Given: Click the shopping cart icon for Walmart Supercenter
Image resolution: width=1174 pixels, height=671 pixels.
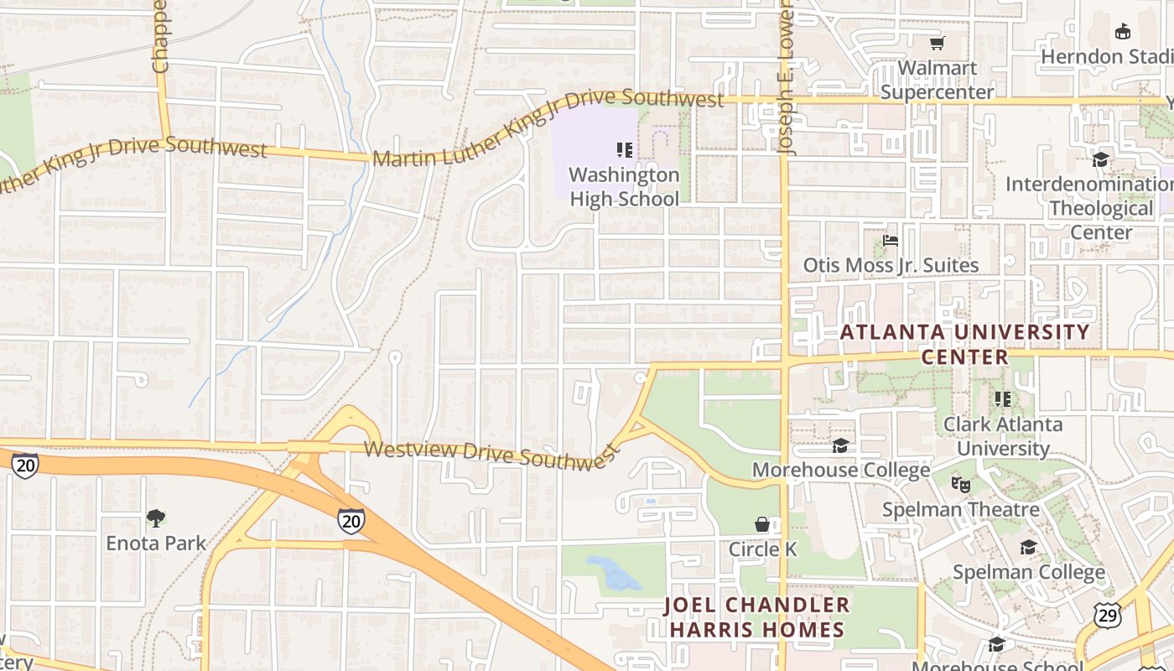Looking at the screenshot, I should point(937,43).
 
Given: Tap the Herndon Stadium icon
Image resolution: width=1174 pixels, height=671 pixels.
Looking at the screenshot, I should point(1122,32).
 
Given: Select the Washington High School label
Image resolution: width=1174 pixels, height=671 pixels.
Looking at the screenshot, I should point(624,187).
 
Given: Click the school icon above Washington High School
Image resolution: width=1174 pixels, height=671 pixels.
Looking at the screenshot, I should point(624,150).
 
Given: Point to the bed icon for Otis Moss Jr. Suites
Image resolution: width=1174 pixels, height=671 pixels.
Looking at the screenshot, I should point(891,241).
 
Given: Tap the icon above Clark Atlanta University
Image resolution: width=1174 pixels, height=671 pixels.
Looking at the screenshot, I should point(1002,399).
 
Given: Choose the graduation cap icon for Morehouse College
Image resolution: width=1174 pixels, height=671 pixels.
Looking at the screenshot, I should point(840,445).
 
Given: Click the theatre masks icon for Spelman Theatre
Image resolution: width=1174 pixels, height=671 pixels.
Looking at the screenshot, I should point(960,484).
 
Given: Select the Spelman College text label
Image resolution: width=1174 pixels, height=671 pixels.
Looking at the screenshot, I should point(1029,573).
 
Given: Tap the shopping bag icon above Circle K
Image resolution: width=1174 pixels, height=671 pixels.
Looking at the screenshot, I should point(761,524).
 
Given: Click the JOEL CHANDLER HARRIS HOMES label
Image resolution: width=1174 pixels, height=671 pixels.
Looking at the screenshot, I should point(756,617).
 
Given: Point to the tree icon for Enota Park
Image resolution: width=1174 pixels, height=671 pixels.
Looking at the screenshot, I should point(155,518).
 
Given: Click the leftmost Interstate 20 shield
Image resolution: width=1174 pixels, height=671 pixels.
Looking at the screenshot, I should point(25,466).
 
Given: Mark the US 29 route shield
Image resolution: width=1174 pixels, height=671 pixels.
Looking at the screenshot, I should point(1108,615).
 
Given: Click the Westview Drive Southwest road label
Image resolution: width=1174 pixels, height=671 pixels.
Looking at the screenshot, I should point(492,454).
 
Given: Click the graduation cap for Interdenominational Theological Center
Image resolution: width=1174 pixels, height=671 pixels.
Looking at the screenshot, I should point(1100,159).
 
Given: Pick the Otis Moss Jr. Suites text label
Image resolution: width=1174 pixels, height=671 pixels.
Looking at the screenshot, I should point(891,266).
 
